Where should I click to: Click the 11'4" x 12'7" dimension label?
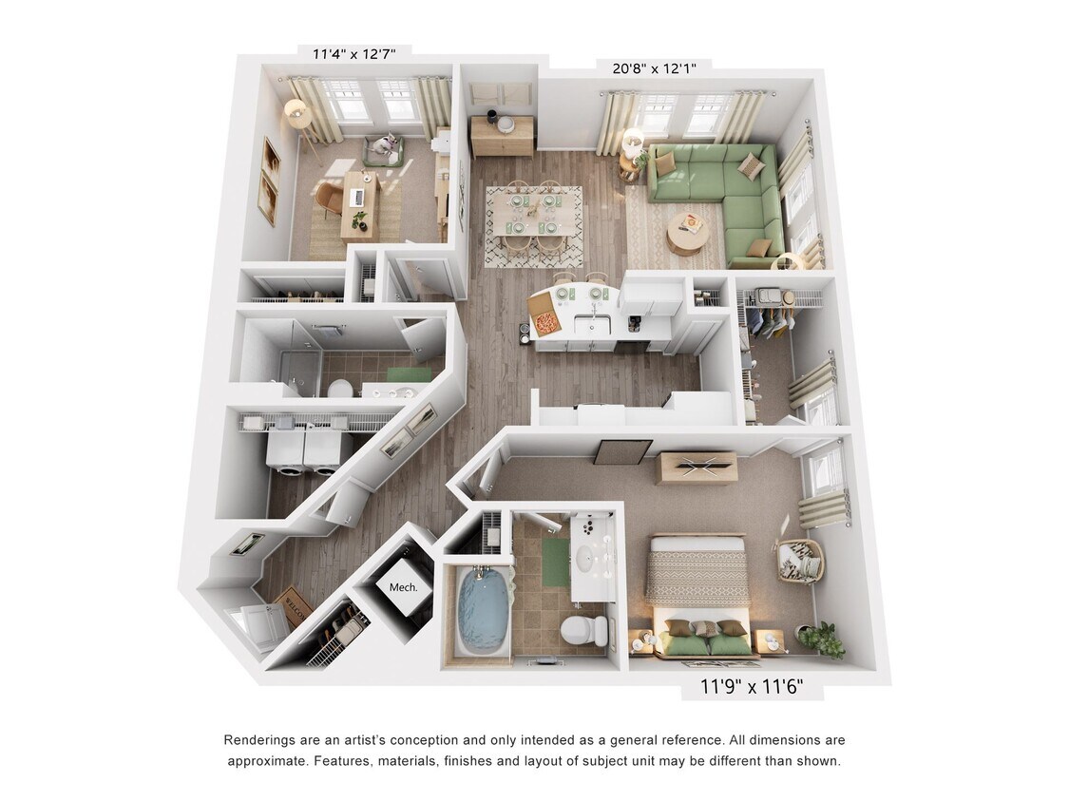pos(353,54)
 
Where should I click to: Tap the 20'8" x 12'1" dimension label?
pos(655,68)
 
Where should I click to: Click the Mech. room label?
pos(403,587)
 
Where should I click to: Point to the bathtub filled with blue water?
pos(481,613)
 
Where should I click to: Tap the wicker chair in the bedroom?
pos(799,561)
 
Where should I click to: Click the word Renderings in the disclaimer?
pos(259,740)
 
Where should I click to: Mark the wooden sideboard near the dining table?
pos(503,135)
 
